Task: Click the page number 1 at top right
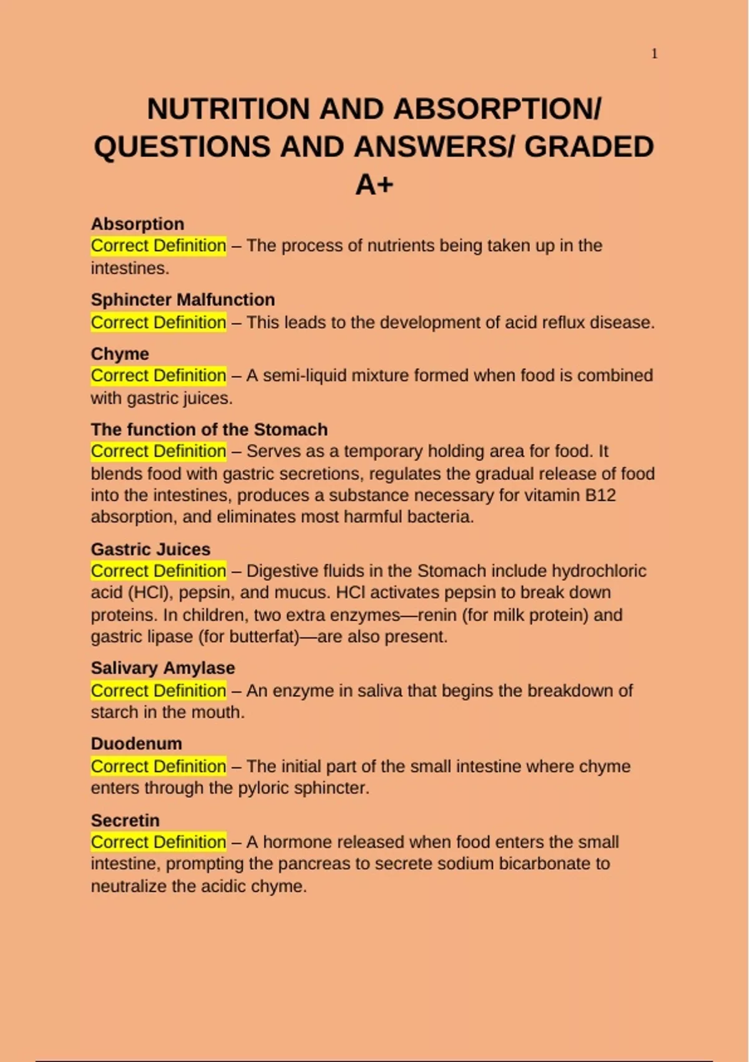coord(654,54)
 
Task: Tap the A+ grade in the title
coord(374,184)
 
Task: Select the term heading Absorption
coord(137,224)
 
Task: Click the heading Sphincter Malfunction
coord(183,300)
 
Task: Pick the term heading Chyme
coord(120,354)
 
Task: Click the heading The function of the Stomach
coord(209,430)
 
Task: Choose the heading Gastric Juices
coord(150,549)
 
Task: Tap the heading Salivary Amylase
coord(163,668)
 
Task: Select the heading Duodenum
coord(136,743)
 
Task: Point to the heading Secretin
coord(125,820)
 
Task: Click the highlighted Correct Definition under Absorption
coord(159,246)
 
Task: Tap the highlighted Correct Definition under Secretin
coord(159,842)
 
